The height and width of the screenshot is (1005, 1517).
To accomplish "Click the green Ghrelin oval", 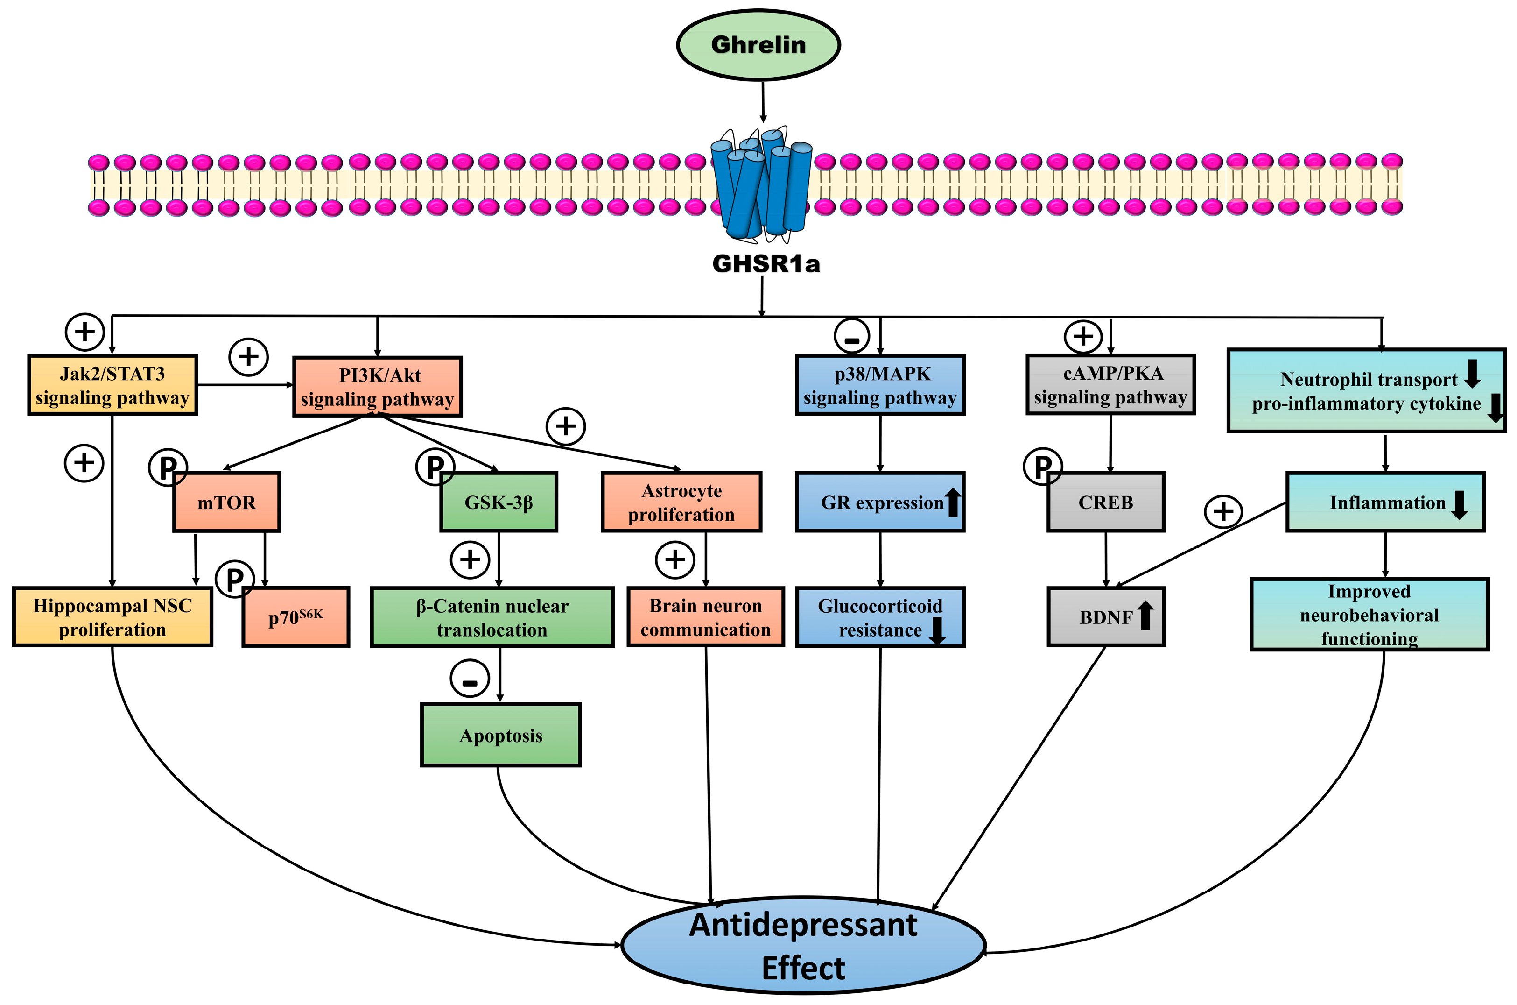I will pyautogui.click(x=758, y=45).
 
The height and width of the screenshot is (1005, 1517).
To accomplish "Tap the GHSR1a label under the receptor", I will pyautogui.click(x=766, y=263).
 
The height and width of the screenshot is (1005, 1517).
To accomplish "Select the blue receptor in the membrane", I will pyautogui.click(x=760, y=186).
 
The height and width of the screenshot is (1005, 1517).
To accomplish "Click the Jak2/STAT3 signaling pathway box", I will pyautogui.click(x=113, y=385).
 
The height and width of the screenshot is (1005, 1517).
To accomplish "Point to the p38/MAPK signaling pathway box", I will pyautogui.click(x=880, y=385).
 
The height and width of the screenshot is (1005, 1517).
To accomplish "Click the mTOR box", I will pyautogui.click(x=227, y=502).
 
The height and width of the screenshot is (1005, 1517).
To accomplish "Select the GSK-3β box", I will pyautogui.click(x=499, y=502).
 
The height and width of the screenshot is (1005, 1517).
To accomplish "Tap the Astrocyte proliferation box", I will pyautogui.click(x=681, y=502).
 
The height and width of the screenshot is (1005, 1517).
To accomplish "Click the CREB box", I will pyautogui.click(x=1105, y=502).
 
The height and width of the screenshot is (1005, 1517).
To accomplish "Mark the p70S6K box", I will pyautogui.click(x=295, y=616).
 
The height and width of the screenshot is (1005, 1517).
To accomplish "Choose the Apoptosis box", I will pyautogui.click(x=500, y=735).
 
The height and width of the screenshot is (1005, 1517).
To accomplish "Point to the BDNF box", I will pyautogui.click(x=1105, y=616).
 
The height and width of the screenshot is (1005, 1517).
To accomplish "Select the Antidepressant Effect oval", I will pyautogui.click(x=803, y=945).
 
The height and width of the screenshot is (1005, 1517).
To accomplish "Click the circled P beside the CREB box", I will pyautogui.click(x=1042, y=467).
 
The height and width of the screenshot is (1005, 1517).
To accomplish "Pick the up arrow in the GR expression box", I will pyautogui.click(x=953, y=502).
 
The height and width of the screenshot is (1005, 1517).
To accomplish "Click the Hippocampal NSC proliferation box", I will pyautogui.click(x=113, y=616).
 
